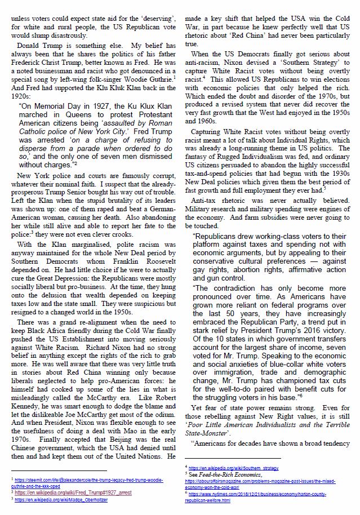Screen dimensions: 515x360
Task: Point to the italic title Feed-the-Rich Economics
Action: [x=225, y=474]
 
